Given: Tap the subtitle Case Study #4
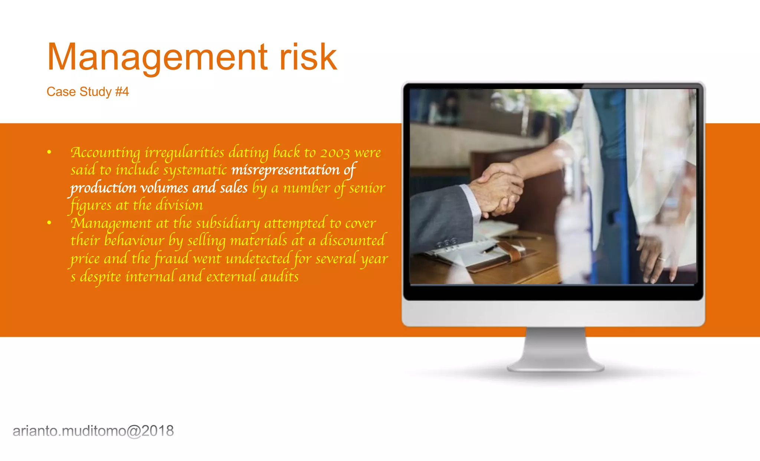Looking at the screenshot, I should [88, 92].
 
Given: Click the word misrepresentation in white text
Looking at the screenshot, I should [285, 170].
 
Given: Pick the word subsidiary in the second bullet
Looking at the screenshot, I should [228, 223].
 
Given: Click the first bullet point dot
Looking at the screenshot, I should [49, 152].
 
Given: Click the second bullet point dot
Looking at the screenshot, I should [49, 223].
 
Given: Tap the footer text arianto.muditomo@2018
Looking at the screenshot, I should [93, 431].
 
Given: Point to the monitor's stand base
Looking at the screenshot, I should [556, 367].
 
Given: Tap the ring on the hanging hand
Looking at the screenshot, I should [661, 259].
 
